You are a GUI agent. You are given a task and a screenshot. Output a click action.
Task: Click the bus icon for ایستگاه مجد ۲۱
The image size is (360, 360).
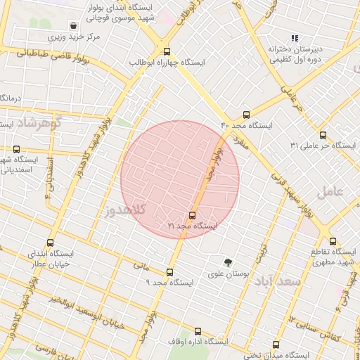(192, 216)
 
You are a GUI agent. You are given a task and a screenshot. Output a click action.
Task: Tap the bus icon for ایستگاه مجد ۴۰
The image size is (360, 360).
(245, 115)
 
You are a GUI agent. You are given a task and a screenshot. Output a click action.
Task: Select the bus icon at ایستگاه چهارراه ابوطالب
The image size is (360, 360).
(167, 51)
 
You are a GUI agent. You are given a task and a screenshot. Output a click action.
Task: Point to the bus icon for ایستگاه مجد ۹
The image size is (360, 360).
(169, 272)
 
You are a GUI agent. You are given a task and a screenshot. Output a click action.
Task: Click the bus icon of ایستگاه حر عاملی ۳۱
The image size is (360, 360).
(323, 135)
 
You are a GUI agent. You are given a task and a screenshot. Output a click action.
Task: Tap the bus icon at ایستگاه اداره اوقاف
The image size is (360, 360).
(197, 331)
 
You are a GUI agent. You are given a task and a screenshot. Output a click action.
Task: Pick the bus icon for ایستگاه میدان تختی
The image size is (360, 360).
(276, 345)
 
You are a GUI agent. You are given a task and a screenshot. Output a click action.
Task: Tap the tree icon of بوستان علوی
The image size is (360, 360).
(227, 263)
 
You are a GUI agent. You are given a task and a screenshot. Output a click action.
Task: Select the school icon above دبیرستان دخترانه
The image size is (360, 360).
(295, 38)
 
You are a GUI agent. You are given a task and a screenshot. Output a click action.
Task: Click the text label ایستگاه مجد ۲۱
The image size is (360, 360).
(193, 226)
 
